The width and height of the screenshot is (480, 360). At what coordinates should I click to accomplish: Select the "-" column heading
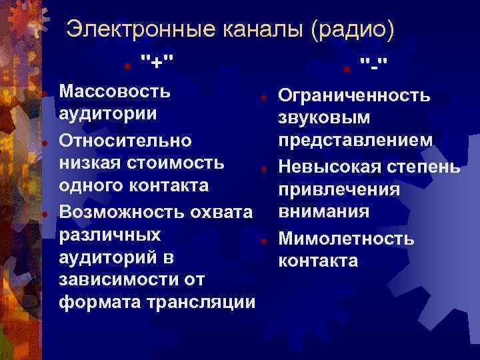click(375, 65)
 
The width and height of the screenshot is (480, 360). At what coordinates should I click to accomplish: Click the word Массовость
click(114, 90)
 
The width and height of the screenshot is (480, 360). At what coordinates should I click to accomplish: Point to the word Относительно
click(125, 141)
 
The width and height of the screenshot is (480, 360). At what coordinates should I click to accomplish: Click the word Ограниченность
click(354, 97)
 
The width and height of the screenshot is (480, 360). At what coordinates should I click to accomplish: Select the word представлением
click(355, 140)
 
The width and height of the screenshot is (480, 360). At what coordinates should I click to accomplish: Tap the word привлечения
click(339, 189)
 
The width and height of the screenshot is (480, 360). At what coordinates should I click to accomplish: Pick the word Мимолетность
click(346, 238)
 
